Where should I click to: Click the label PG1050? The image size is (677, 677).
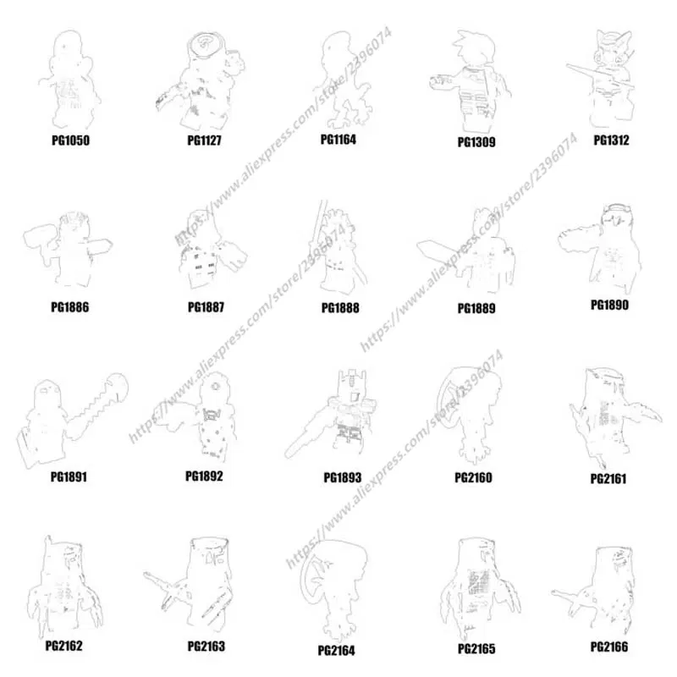click(69, 140)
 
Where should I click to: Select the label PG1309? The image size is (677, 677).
click(476, 142)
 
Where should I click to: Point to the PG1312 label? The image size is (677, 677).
click(611, 140)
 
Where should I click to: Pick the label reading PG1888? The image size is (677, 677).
click(340, 308)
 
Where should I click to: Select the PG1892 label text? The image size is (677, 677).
click(204, 476)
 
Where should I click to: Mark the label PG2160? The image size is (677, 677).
click(474, 477)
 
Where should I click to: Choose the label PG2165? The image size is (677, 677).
click(476, 649)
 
